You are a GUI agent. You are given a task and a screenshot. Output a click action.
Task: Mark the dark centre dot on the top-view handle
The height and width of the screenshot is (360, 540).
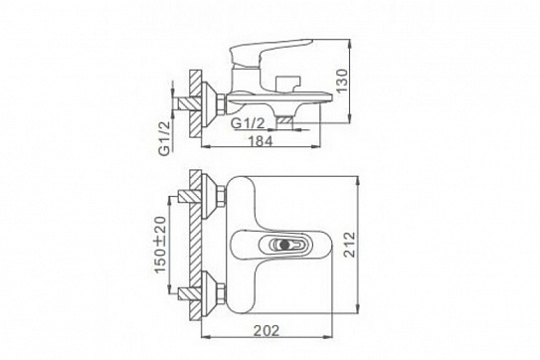[284, 245]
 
